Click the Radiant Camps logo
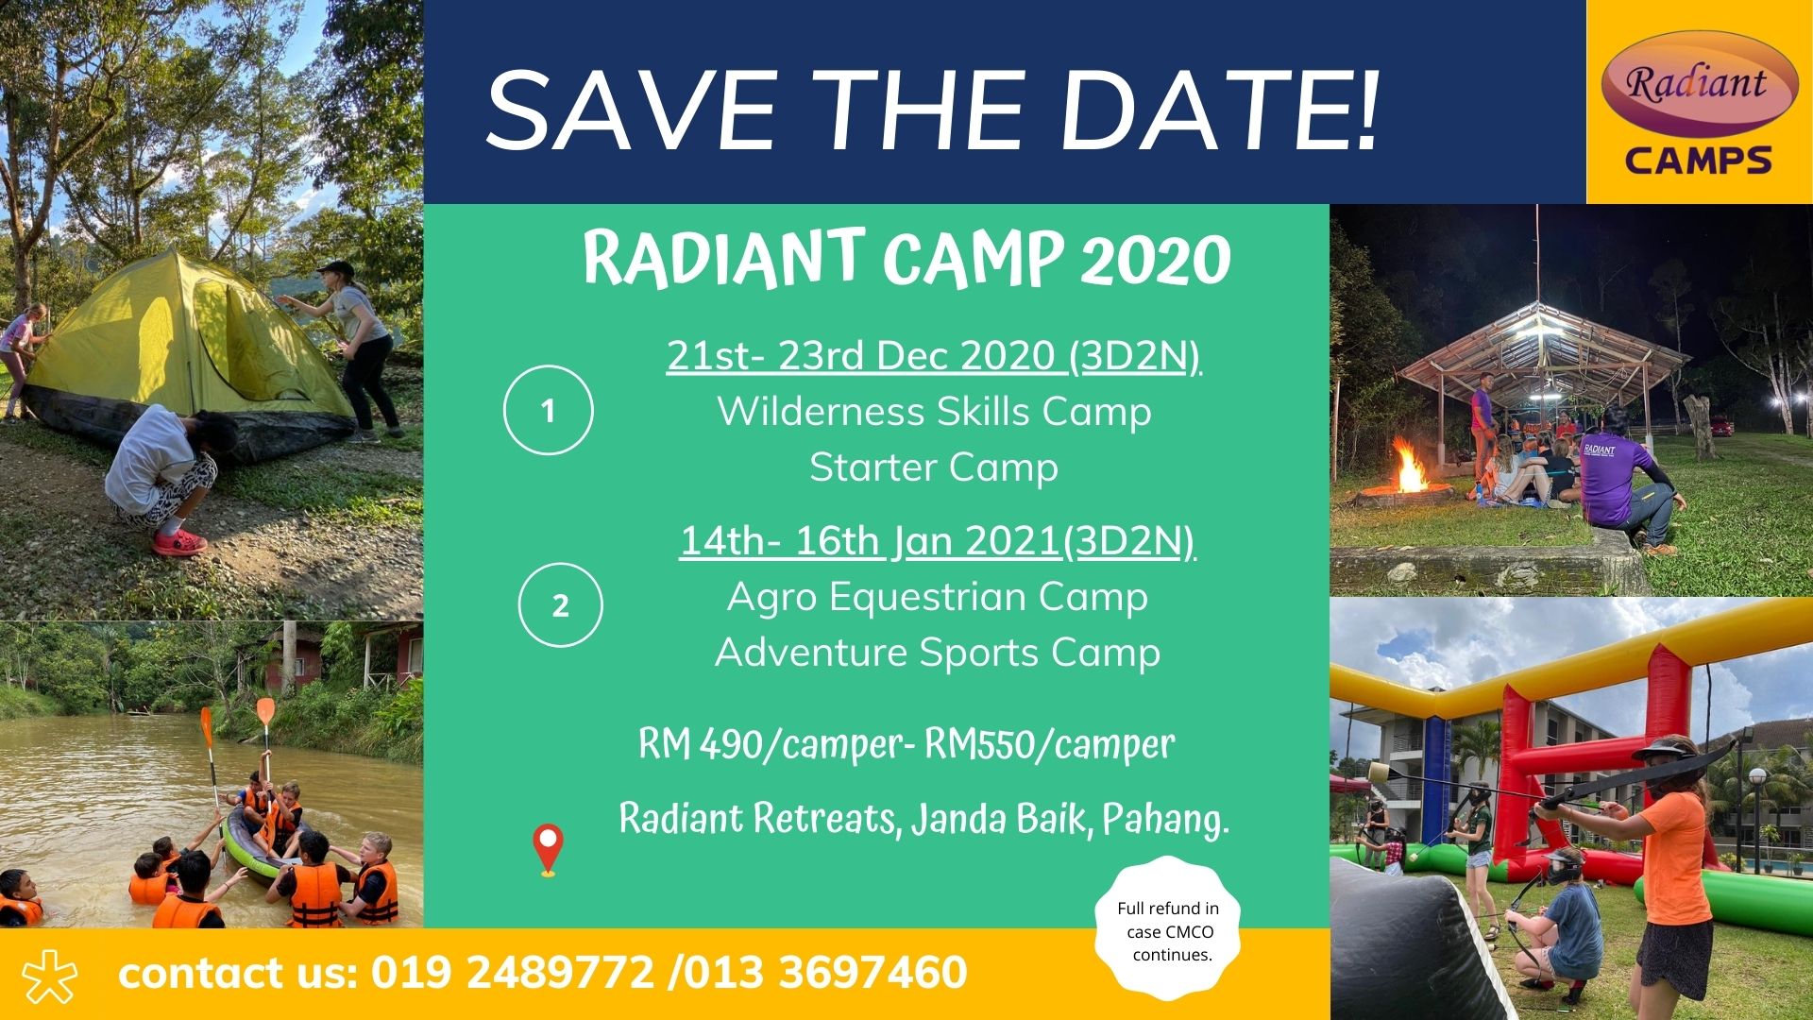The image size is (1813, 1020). coord(1699,102)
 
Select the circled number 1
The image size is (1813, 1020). coord(549,411)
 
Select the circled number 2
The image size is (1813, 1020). coord(560,605)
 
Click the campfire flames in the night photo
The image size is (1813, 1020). coord(1412,467)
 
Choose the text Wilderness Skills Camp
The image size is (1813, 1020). coord(934,412)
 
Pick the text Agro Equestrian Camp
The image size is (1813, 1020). coord(938,597)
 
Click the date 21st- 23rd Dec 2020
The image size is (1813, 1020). coord(860,356)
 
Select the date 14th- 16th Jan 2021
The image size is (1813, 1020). coord(870,541)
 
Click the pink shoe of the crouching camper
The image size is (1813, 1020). coord(179,542)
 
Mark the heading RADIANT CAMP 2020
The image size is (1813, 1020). coord(906,258)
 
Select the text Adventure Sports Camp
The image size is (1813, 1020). coord(938,653)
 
